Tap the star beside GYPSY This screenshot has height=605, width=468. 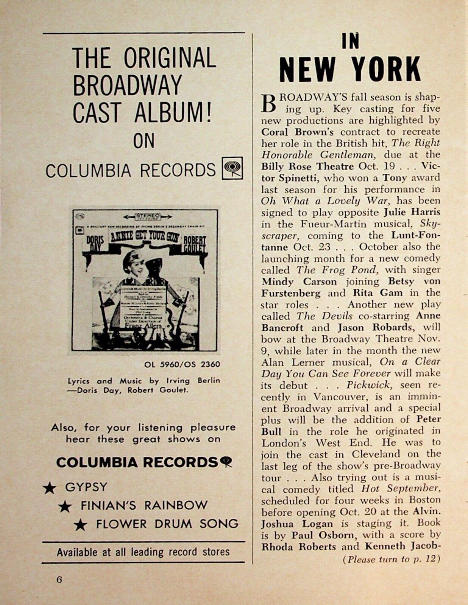pos(49,488)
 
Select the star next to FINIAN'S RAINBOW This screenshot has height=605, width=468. pos(65,506)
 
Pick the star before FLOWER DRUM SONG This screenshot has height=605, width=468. pos(80,525)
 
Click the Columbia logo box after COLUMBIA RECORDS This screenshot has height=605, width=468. pos(232,168)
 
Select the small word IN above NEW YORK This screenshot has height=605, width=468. pos(350,42)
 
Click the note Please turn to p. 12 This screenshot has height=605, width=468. pos(391,559)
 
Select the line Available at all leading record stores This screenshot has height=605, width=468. pos(143,552)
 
